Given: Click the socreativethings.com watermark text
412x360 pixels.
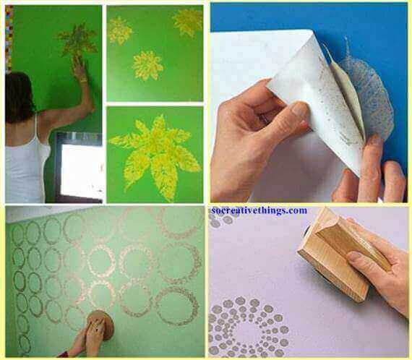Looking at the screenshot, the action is (259, 210).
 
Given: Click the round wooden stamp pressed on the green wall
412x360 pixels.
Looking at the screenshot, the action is (100, 325).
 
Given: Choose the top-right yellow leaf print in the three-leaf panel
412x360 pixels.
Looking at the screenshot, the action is (188, 22).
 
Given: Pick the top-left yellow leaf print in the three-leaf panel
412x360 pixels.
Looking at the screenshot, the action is (120, 30).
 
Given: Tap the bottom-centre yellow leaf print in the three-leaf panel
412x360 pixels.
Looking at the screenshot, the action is (147, 66).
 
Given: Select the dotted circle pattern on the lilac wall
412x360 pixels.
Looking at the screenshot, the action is (249, 326).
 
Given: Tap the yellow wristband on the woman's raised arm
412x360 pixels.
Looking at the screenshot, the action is (84, 80).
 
